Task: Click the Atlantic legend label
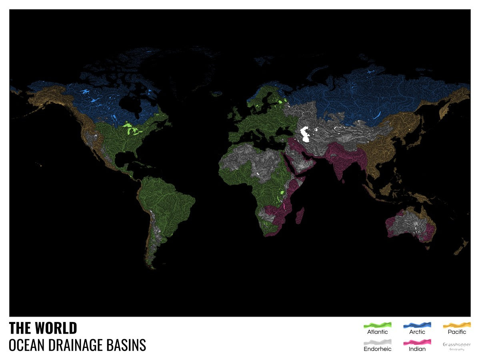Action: pos(377,332)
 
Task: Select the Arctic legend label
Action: pos(417,332)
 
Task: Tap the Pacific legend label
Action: pos(457,332)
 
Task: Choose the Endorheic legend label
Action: pos(377,349)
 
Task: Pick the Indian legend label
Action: pos(417,349)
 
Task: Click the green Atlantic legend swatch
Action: pos(377,325)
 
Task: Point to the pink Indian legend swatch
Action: pos(417,342)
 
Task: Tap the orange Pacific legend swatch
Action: pos(457,325)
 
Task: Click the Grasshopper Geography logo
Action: pos(456,346)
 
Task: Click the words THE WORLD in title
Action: pos(43,328)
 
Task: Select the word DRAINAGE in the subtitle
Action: pos(83,345)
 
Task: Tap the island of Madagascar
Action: pos(299,216)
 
